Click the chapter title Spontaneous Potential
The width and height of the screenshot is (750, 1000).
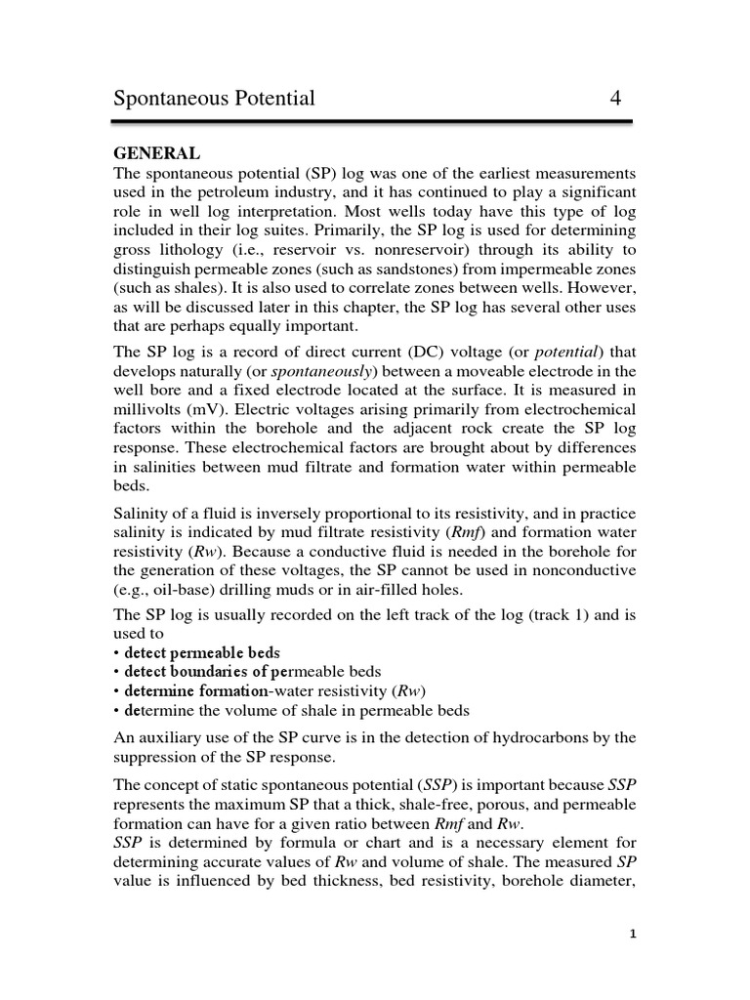(x=215, y=99)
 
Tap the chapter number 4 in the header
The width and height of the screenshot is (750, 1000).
(x=615, y=98)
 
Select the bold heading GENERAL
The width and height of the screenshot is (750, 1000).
(x=157, y=153)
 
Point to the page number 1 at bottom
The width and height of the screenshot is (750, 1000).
(x=633, y=934)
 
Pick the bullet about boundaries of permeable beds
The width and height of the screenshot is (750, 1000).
(x=252, y=672)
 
